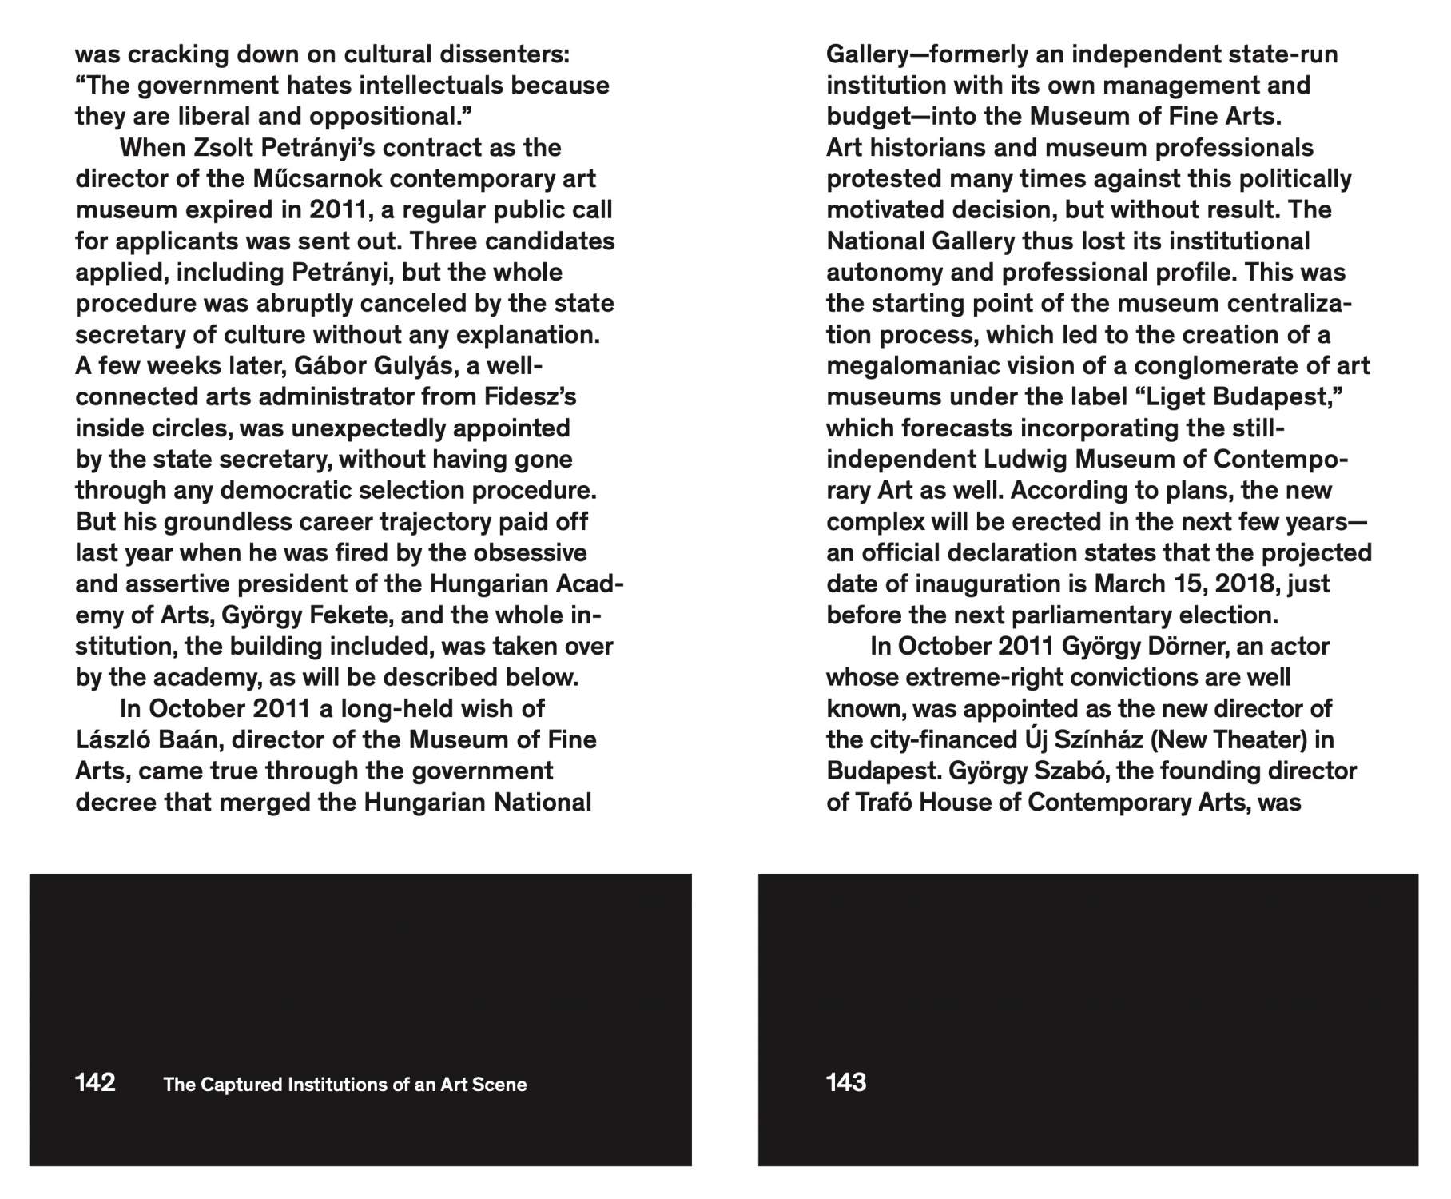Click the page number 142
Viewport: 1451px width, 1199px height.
[x=95, y=1082]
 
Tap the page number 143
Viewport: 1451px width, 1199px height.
[x=846, y=1082]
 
